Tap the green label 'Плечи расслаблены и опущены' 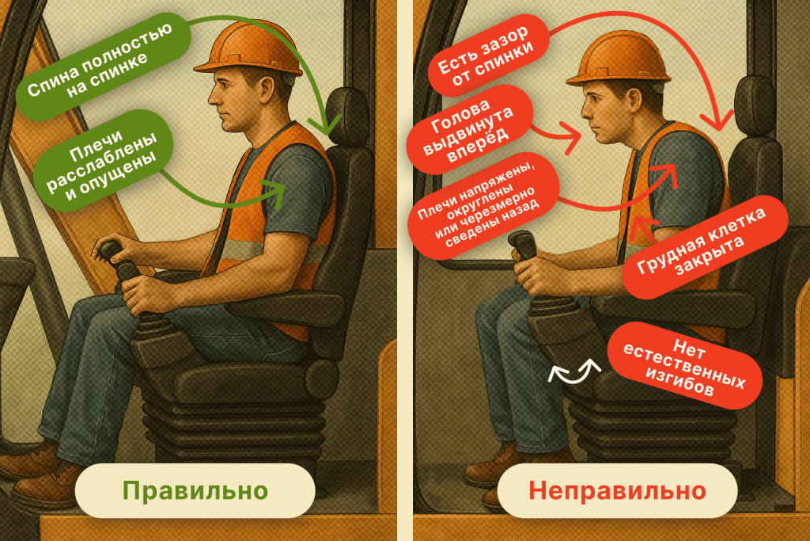[x=102, y=161]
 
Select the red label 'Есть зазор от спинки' [x=486, y=57]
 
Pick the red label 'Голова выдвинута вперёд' [x=469, y=131]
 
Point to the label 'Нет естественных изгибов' [x=684, y=366]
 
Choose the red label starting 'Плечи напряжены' [x=483, y=206]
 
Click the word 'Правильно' [x=195, y=490]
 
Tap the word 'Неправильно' [x=617, y=490]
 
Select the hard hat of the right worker [x=619, y=59]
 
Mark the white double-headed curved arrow [x=574, y=371]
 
